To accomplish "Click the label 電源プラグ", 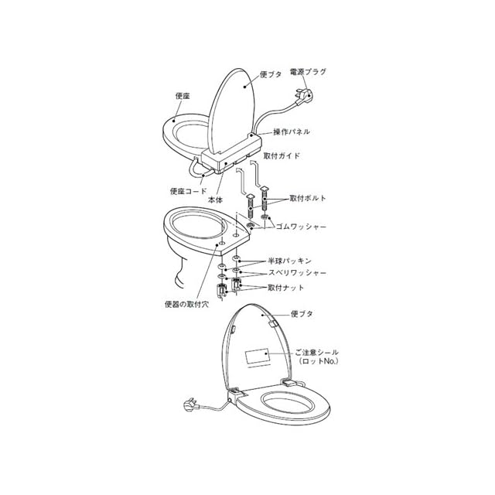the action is pyautogui.click(x=307, y=72).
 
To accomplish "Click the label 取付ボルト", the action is pyautogui.click(x=308, y=199).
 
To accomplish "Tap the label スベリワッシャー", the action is pyautogui.click(x=297, y=275).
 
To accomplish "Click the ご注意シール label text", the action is pyautogui.click(x=316, y=352).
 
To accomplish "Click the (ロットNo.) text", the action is pyautogui.click(x=318, y=361).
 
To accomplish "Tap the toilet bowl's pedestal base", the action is pyautogui.click(x=184, y=275).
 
